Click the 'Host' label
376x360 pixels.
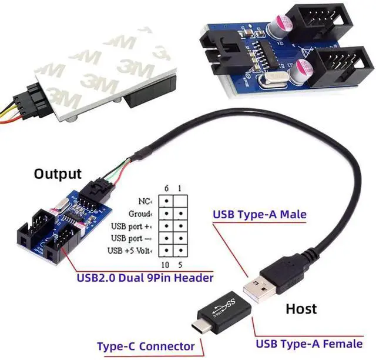pyautogui.click(x=301, y=309)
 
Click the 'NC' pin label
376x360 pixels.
pyautogui.click(x=145, y=201)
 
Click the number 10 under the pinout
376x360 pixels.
pyautogui.click(x=166, y=264)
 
